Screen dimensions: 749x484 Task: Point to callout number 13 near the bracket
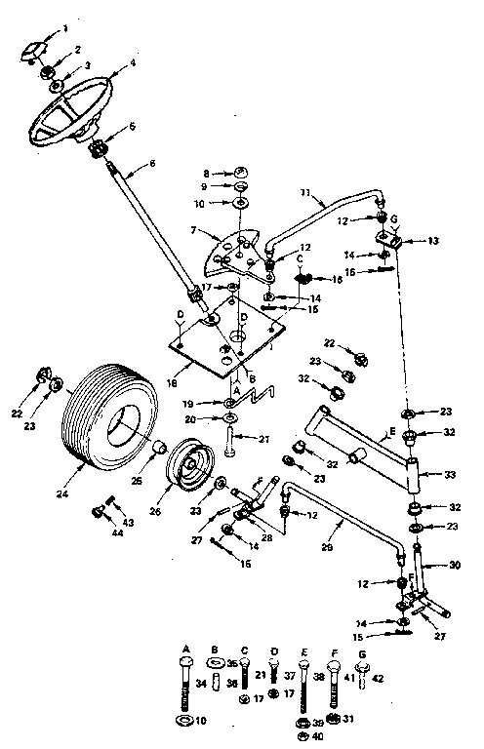click(x=433, y=240)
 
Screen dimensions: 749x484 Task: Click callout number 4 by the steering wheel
click(x=133, y=63)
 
